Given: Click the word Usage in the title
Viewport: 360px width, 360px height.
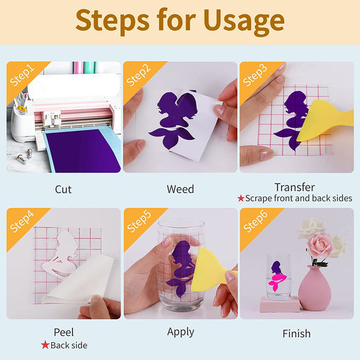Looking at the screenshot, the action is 244,21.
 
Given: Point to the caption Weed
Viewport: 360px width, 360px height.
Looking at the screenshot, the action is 180,189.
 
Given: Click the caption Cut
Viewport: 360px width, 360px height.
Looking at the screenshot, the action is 63,189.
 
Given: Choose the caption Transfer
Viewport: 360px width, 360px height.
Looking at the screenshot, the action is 294,187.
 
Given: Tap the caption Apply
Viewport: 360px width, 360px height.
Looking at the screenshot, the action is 181,332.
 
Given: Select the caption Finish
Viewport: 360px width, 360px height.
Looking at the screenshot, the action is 296,334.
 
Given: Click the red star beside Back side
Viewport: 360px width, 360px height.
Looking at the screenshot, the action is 45,345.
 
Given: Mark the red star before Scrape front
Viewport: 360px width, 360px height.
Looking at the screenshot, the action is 241,198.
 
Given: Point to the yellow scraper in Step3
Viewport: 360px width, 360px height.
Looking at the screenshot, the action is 323,121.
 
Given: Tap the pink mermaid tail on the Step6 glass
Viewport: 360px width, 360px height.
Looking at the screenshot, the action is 277,282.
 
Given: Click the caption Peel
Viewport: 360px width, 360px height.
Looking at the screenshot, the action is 64,332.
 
